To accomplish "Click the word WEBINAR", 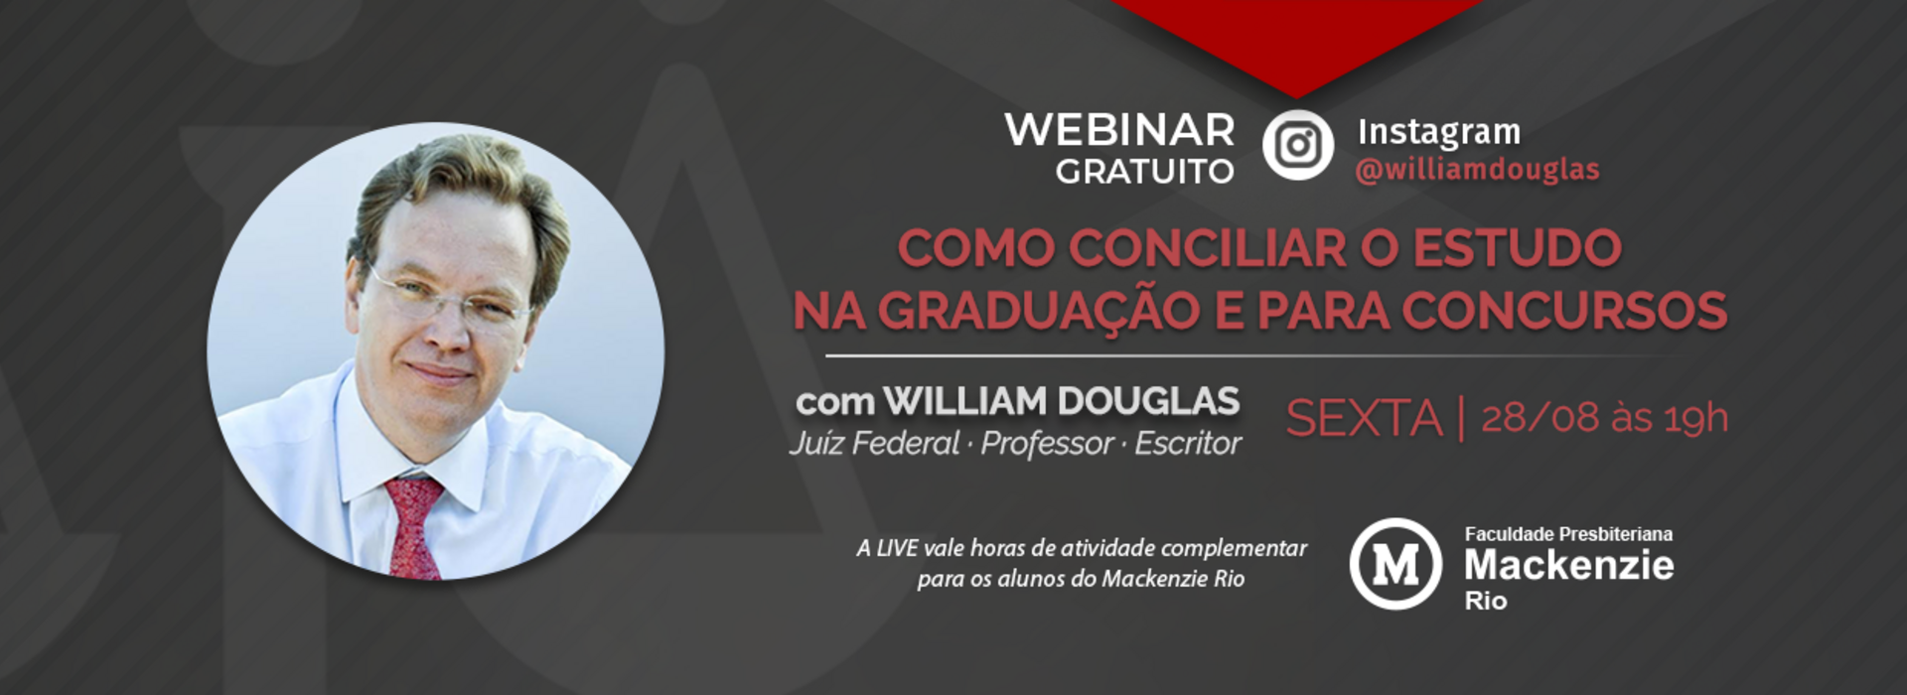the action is click(1119, 130).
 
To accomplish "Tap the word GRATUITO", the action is click(1144, 172).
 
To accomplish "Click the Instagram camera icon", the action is click(1297, 145).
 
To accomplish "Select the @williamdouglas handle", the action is click(1477, 171).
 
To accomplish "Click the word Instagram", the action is click(1438, 132).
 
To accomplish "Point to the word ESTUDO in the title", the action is click(1517, 248).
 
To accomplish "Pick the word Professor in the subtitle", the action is click(1047, 443).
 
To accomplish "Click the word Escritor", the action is click(1188, 443).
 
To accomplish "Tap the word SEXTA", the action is click(1364, 418).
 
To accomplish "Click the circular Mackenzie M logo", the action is click(1394, 563).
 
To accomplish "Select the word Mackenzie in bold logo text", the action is click(1568, 565).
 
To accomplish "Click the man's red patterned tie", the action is click(413, 526).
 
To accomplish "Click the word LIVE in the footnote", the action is click(897, 548).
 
